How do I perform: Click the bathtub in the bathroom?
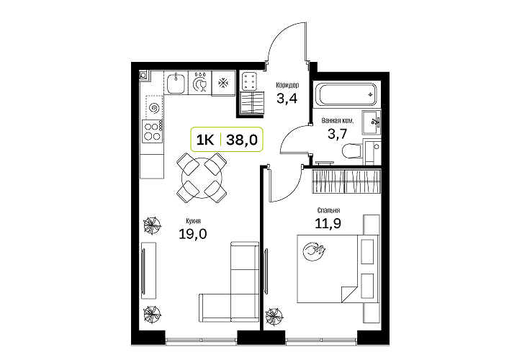click(x=346, y=94)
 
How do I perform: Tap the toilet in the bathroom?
click(x=352, y=151)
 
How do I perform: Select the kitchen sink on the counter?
click(x=176, y=84)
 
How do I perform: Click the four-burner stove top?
click(x=151, y=131)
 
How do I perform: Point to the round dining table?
click(x=202, y=178)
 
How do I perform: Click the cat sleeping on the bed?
click(x=313, y=251)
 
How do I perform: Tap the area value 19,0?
click(x=193, y=234)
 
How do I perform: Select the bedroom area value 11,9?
click(x=328, y=223)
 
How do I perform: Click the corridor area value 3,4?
click(x=287, y=99)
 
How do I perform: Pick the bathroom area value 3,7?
click(x=337, y=134)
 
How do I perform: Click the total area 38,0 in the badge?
click(x=242, y=140)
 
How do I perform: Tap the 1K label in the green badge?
click(x=205, y=140)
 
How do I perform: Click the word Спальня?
click(x=328, y=210)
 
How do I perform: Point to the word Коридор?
click(x=287, y=85)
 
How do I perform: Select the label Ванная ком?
click(x=338, y=120)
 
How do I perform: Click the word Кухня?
click(x=194, y=221)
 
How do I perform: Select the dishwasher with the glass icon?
click(x=199, y=83)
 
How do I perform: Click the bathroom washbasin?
click(x=372, y=122)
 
